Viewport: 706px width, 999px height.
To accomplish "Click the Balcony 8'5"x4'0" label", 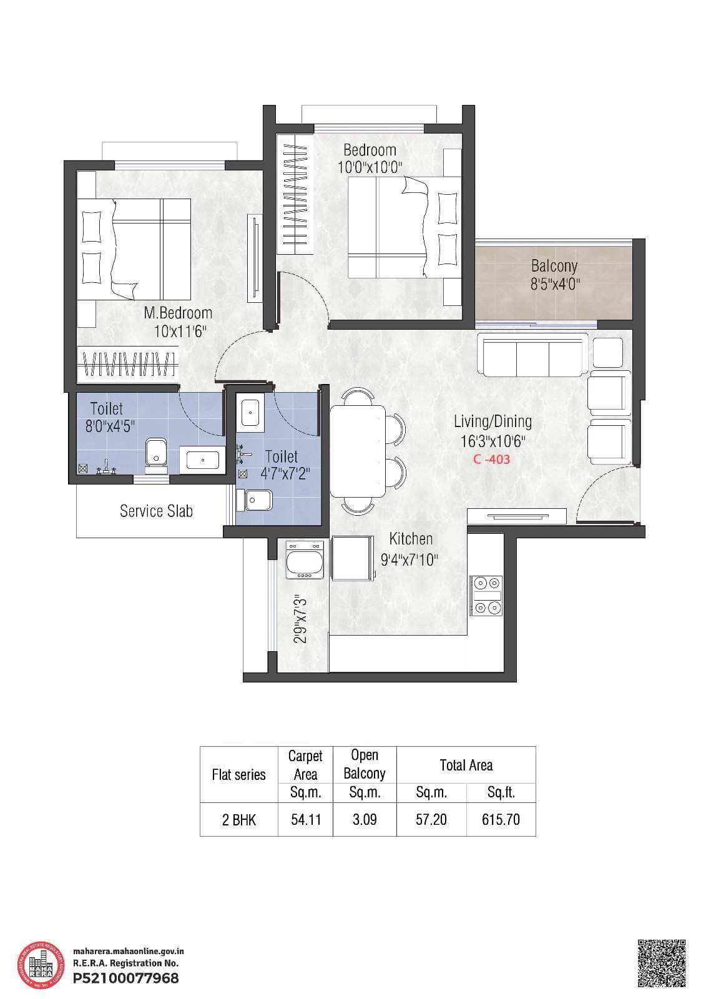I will pos(554,275).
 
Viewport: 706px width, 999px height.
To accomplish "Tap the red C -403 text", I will pos(491,460).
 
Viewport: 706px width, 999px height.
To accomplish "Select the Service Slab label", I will pos(156,511).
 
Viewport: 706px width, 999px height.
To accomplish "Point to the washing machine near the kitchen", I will pos(305,560).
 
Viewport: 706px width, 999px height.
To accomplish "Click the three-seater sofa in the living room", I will pos(532,355).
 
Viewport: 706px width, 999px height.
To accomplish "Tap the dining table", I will pos(358,450).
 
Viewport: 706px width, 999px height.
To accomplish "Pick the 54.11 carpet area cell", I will pos(306,820).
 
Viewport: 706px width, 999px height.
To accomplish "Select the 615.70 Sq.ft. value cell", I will pos(501,820).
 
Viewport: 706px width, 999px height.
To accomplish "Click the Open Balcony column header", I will pos(365,765).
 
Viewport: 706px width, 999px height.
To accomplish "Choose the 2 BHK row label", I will pos(238,820).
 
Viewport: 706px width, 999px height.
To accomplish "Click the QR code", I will pos(662,962).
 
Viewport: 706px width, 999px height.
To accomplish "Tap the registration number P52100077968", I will pos(125,978).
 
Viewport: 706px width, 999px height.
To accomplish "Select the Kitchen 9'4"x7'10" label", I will pos(410,549).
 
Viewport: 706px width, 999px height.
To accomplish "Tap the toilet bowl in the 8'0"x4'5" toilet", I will pos(155,453).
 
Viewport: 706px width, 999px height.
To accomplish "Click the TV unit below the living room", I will pos(517,516).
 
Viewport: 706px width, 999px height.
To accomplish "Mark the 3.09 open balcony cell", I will pos(365,820).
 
